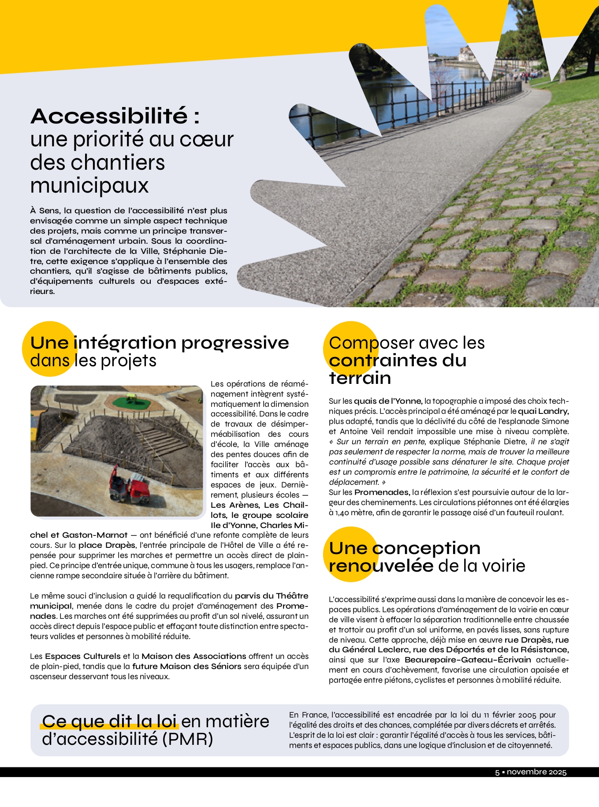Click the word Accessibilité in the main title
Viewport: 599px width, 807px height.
coord(109,116)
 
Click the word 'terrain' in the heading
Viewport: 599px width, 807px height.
coord(360,378)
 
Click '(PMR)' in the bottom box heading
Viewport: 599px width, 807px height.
coord(187,739)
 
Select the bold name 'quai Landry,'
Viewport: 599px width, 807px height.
coord(543,411)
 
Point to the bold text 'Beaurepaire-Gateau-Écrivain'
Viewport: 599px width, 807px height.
coord(468,660)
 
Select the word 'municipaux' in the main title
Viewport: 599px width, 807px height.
coord(89,186)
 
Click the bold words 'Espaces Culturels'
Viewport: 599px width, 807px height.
coord(82,656)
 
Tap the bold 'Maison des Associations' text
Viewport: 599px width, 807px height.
coord(194,656)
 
